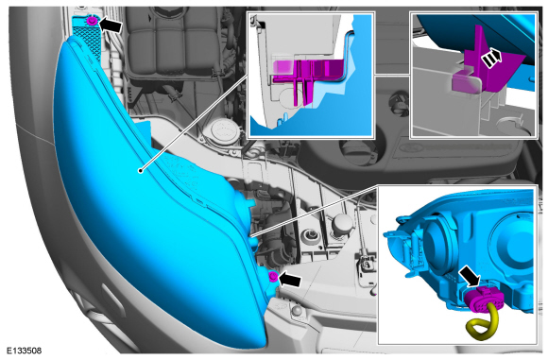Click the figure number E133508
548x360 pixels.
tap(25, 350)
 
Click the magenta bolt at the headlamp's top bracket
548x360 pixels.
tap(92, 21)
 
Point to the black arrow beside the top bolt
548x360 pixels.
tap(111, 25)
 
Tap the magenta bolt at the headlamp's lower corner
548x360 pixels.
tap(273, 277)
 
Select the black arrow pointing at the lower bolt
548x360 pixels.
tap(290, 280)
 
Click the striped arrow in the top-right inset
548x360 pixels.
tap(491, 58)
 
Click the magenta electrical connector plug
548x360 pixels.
tap(484, 300)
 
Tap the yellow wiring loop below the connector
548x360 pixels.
tap(483, 324)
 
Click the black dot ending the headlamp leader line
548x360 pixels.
tap(140, 171)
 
